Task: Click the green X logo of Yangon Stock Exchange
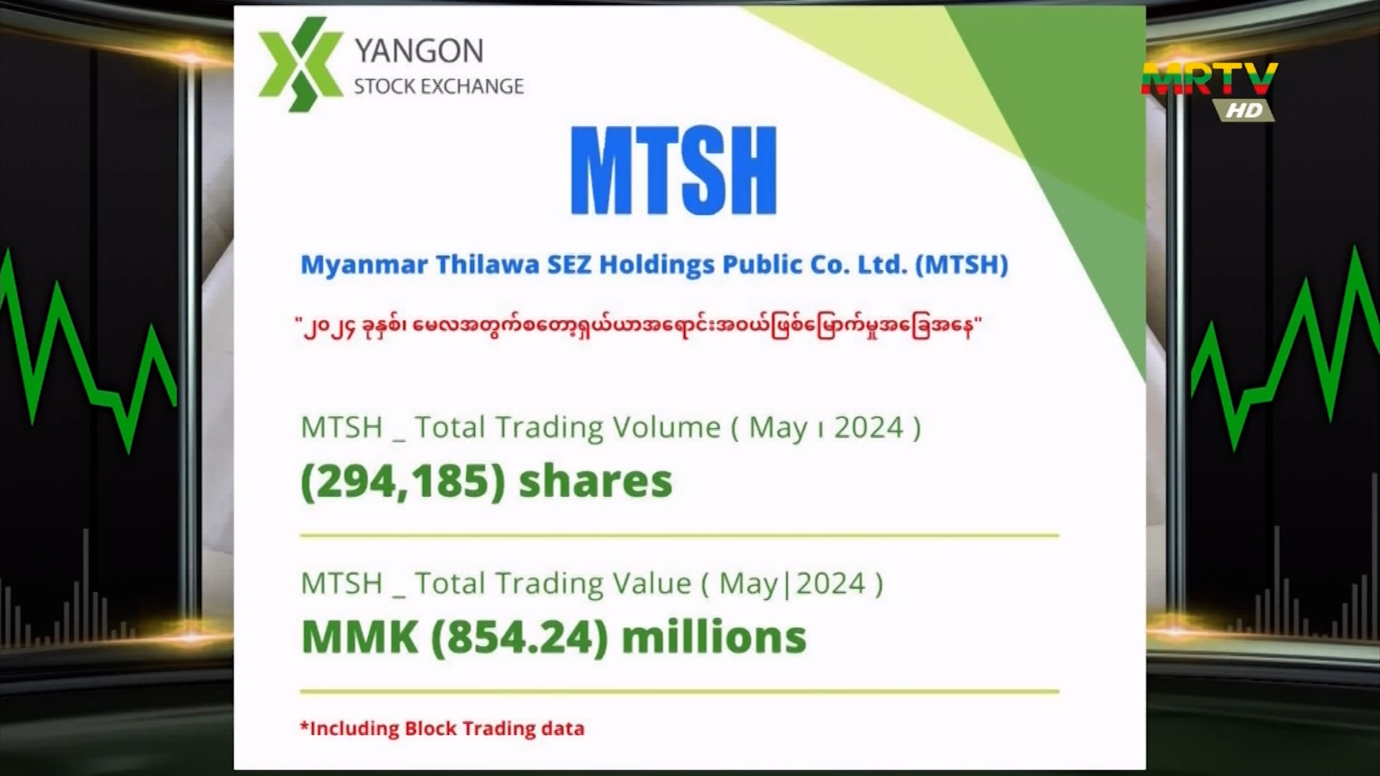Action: [300, 64]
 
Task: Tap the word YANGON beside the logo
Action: [419, 51]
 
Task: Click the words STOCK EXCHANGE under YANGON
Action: [438, 86]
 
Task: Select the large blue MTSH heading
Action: [673, 171]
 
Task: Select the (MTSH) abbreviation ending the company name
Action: [962, 265]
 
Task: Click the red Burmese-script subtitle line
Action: [638, 328]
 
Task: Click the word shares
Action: [595, 481]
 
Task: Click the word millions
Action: [714, 637]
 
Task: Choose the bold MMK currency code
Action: [359, 637]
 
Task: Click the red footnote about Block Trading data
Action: [442, 729]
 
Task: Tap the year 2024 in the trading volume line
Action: [869, 428]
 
